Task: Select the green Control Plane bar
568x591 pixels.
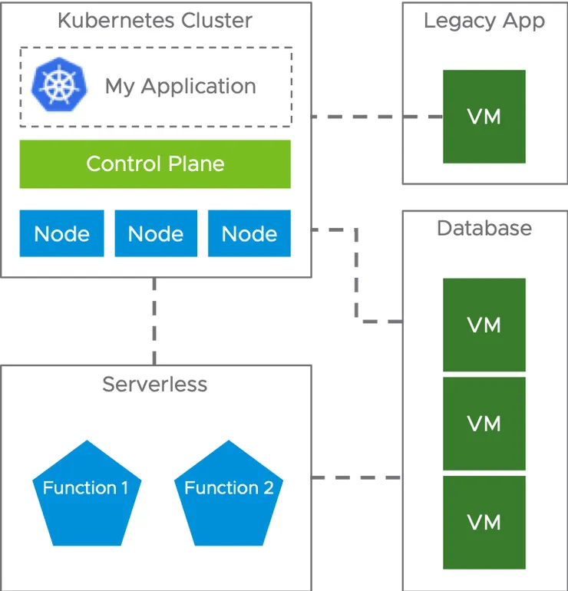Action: tap(155, 163)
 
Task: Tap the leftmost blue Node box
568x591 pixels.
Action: tap(61, 233)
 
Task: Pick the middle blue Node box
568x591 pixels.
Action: tap(155, 233)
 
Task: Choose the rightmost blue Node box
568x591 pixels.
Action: tap(249, 233)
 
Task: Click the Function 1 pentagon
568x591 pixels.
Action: tap(85, 491)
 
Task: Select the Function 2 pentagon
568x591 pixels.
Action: tap(229, 491)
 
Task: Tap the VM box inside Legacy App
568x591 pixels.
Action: tap(484, 117)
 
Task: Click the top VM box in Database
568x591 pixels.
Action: tap(484, 325)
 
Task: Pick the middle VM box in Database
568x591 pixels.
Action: tap(484, 424)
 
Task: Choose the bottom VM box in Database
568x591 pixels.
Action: tap(484, 523)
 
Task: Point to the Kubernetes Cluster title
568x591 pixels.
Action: tap(155, 21)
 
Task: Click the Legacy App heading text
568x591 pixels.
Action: tap(484, 21)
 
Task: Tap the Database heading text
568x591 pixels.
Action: tap(484, 228)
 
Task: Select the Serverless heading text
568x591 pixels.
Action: tap(155, 384)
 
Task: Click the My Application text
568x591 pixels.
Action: tap(180, 86)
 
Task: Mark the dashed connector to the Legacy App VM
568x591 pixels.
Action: tap(376, 117)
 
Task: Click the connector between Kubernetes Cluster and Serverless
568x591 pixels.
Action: tap(155, 322)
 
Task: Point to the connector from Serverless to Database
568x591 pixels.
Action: tap(355, 478)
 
